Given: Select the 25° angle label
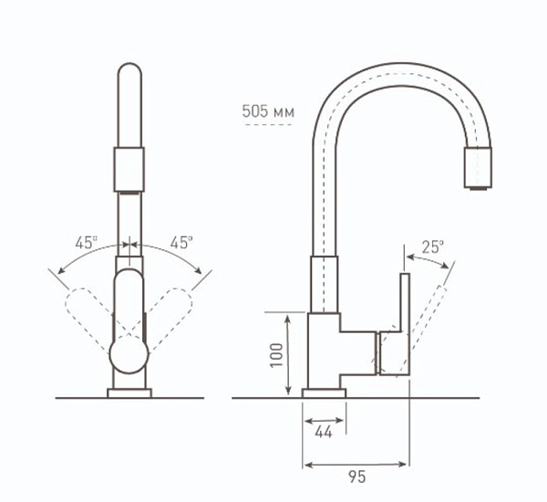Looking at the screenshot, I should coord(433,246).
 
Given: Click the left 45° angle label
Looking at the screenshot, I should coord(87,243).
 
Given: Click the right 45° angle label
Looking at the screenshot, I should coord(181,243).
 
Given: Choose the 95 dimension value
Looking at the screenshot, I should coord(356,476).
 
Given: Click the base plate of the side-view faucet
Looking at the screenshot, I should coord(324,392).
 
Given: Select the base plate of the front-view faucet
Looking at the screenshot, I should coord(129,393).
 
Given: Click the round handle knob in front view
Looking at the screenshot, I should coord(129,354).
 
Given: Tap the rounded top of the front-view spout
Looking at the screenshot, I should coord(130,78).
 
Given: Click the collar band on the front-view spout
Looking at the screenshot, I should coord(130,168).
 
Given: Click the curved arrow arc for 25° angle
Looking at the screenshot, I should coord(427,259).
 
